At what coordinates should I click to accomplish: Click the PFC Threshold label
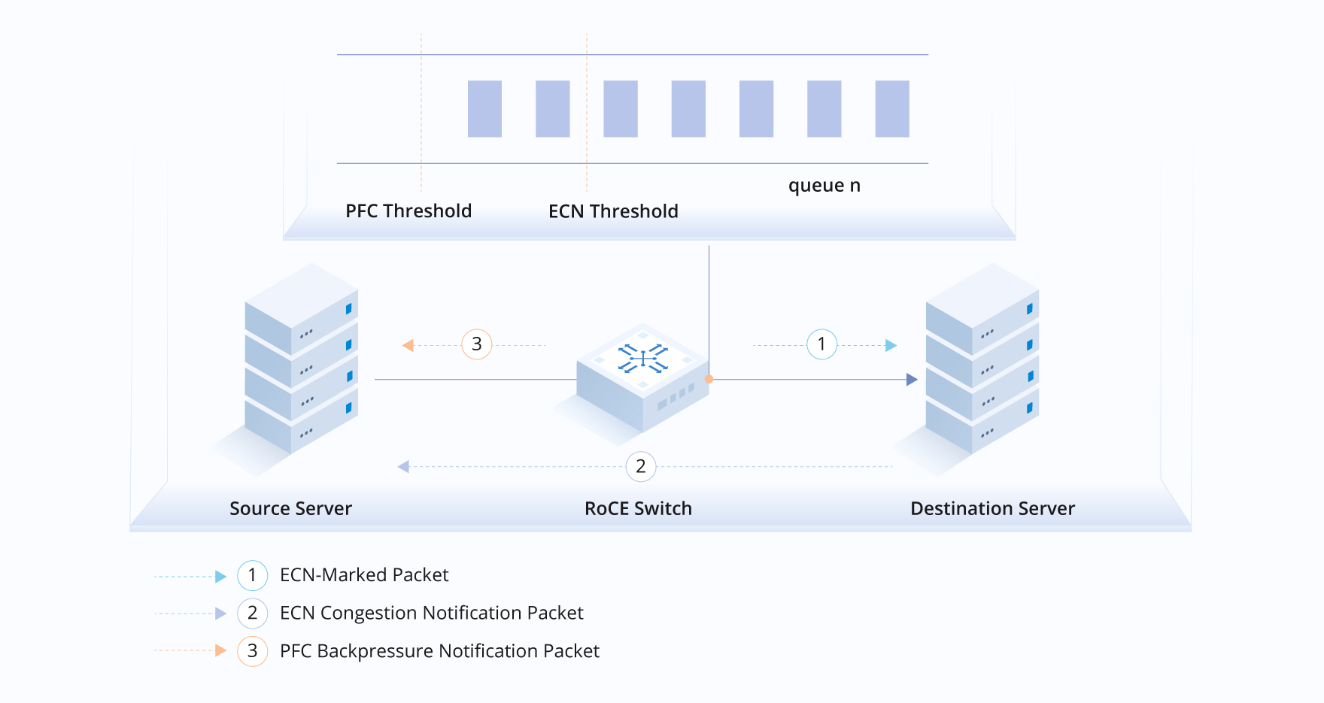click(408, 211)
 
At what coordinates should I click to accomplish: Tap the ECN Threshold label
click(613, 211)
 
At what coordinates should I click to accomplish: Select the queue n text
click(824, 186)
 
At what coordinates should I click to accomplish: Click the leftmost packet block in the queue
click(484, 109)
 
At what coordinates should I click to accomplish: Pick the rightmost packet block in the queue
click(892, 109)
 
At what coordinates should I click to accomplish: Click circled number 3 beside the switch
click(476, 344)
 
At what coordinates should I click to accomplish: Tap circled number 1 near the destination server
click(821, 344)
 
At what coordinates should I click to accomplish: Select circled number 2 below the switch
click(640, 467)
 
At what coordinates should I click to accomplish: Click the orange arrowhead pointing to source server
click(408, 345)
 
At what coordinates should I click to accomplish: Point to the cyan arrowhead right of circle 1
click(891, 345)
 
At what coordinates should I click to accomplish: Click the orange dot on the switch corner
click(709, 379)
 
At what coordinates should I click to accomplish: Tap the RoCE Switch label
click(638, 509)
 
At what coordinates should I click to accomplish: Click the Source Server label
click(290, 509)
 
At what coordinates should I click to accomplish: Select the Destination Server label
click(992, 509)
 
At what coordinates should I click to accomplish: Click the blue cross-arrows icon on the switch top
click(643, 358)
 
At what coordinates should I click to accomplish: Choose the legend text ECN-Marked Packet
click(364, 575)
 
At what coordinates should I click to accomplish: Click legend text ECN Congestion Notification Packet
click(431, 614)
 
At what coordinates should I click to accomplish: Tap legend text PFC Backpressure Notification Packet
click(439, 651)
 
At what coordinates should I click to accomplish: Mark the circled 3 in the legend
click(252, 651)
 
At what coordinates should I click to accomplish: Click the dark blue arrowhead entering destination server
click(912, 380)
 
